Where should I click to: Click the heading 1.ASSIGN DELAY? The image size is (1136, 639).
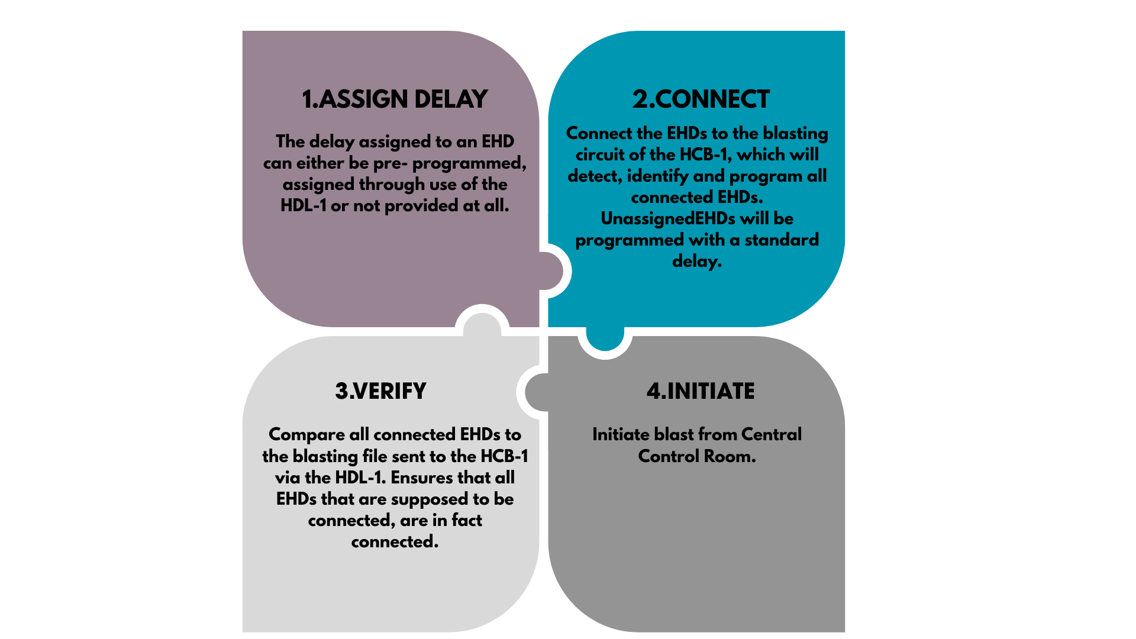point(395,99)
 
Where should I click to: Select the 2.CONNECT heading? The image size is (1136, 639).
point(701,99)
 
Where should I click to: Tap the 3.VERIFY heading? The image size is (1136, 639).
point(380,391)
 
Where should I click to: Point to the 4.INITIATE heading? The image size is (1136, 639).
point(701,391)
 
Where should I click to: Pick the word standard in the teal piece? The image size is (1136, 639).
point(782,240)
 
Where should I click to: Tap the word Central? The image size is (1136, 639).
point(771,435)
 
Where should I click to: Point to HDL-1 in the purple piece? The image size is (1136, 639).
point(303,206)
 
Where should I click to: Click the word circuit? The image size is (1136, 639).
point(599,155)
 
